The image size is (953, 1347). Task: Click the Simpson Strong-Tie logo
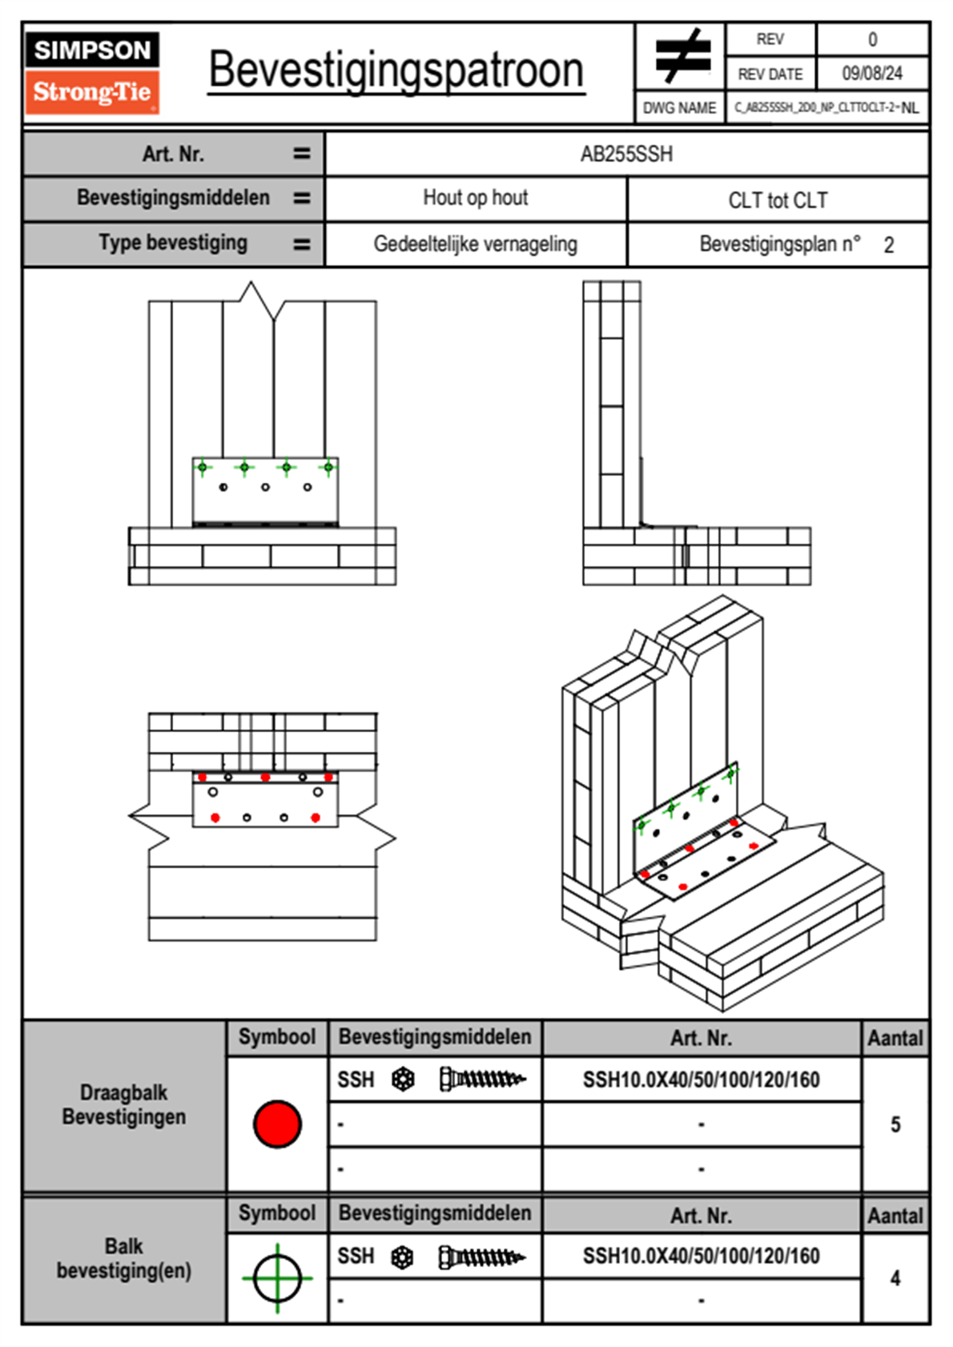point(92,72)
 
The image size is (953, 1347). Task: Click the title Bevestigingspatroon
point(396,70)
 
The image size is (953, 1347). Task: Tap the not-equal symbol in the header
point(682,56)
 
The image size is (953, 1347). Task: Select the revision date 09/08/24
point(871,74)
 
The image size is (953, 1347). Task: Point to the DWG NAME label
point(679,108)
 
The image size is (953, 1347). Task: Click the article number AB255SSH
point(626,154)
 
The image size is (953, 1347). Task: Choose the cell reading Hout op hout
point(475,198)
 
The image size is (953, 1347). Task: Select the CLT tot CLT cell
point(778,200)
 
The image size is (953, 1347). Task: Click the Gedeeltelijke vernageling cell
point(475,244)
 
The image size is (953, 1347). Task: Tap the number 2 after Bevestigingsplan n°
point(888,245)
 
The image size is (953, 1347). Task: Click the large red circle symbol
point(277,1124)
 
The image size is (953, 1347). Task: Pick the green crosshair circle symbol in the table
point(277,1278)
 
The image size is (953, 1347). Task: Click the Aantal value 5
point(895,1124)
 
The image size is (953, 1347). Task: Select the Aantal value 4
point(895,1278)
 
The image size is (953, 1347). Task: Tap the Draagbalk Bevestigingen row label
point(124,1104)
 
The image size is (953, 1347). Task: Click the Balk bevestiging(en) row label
point(124,1258)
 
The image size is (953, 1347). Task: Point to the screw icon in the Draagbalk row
point(482,1080)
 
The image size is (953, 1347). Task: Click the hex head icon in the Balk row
point(403,1257)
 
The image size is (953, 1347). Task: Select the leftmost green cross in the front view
point(203,467)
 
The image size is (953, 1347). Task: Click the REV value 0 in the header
point(872,39)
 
